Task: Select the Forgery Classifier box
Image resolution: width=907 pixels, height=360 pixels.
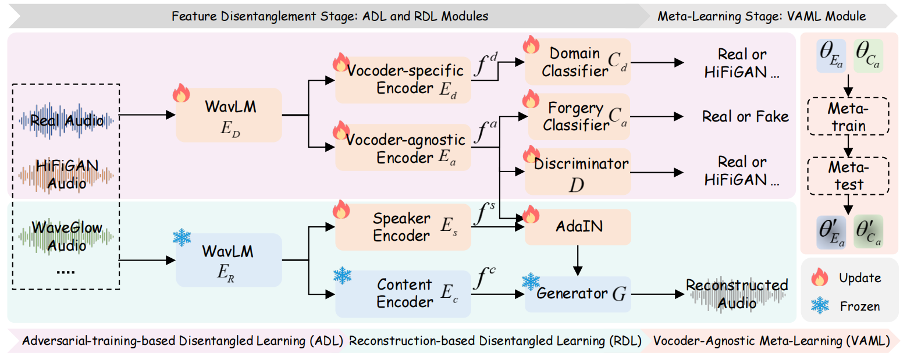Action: (578, 116)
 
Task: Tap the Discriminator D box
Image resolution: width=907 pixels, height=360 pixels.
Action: (578, 172)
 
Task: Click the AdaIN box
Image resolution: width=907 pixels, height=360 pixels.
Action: (578, 227)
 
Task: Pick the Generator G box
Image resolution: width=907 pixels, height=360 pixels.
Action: (578, 294)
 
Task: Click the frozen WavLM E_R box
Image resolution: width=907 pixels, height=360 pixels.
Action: (228, 261)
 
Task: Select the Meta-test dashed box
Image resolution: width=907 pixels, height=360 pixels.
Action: (846, 177)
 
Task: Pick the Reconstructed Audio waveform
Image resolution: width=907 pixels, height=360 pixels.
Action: (737, 294)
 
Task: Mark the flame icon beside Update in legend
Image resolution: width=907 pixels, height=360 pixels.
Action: (820, 279)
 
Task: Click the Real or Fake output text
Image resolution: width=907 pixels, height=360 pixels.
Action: (745, 116)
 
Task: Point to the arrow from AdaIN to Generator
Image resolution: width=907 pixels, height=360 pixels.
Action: (578, 261)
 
